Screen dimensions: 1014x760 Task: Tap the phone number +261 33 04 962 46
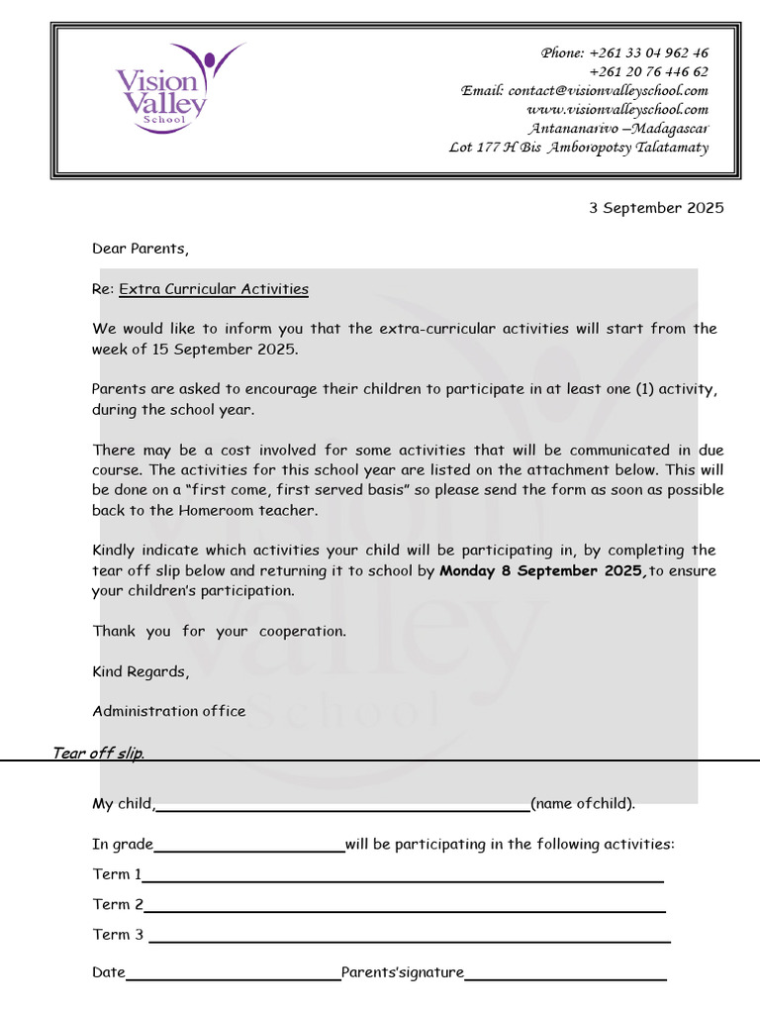[x=648, y=53]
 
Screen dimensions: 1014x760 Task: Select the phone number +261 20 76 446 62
[x=648, y=72]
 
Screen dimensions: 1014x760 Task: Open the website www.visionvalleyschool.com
[x=617, y=110]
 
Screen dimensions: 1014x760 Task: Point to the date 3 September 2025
[x=656, y=208]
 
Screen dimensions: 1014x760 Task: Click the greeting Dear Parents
[x=140, y=249]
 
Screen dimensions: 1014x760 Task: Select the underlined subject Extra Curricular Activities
[x=214, y=289]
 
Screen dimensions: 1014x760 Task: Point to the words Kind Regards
[x=140, y=671]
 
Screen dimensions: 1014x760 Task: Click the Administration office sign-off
[x=169, y=711]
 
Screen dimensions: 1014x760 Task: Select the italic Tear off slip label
[x=98, y=754]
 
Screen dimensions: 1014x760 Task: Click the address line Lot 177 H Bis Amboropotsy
[x=579, y=148]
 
